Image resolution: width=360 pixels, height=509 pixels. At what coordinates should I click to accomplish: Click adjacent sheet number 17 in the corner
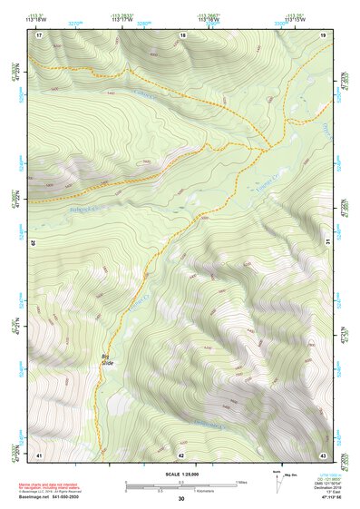tap(39, 34)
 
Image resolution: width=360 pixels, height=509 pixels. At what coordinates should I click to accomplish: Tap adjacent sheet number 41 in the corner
tap(39, 454)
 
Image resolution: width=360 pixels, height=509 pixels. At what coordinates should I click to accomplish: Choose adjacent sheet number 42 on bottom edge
tap(181, 454)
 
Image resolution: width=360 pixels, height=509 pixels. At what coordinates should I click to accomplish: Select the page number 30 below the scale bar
tap(181, 498)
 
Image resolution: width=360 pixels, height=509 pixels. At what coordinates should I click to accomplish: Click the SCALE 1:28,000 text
tap(180, 473)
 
